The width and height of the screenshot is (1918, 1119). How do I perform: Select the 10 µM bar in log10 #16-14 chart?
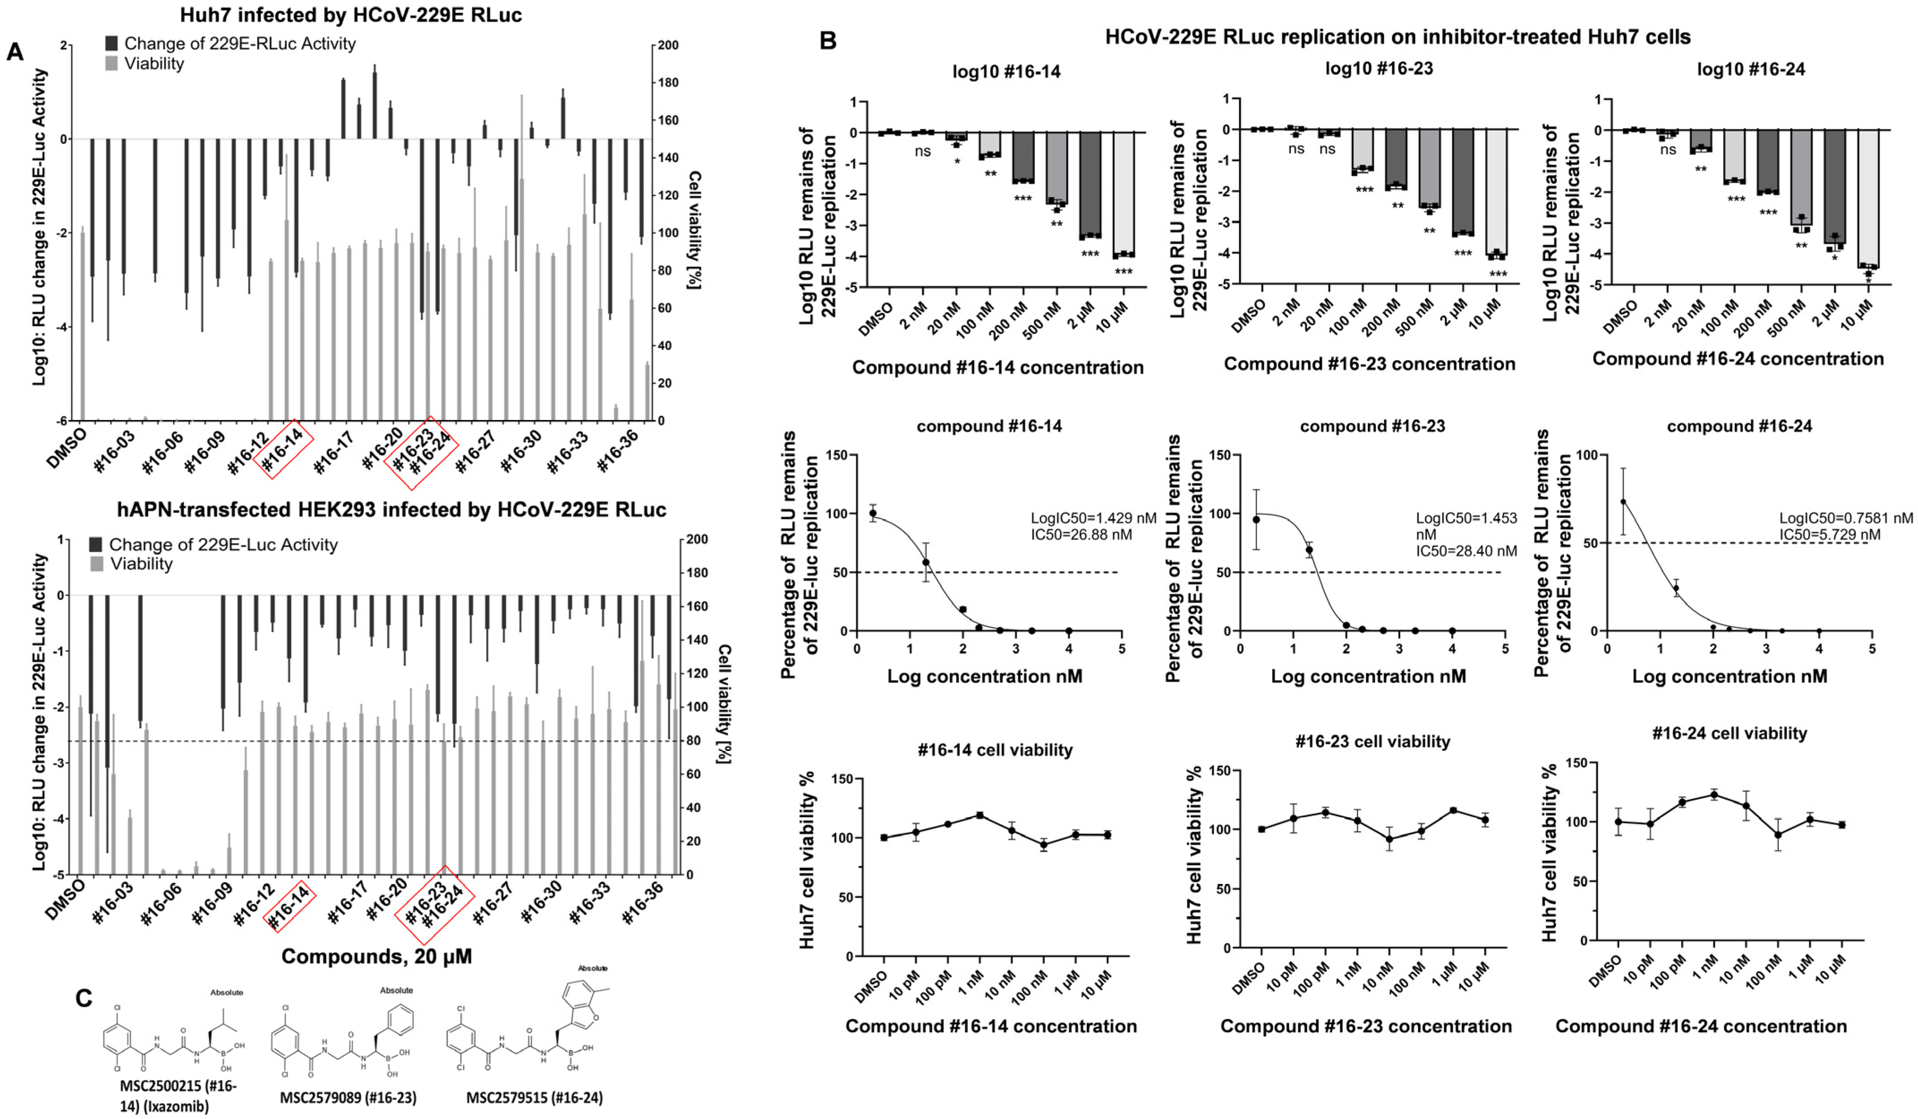[1123, 194]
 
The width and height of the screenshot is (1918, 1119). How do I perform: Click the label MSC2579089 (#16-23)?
[348, 1098]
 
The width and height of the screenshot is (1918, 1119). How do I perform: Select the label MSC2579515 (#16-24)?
[534, 1098]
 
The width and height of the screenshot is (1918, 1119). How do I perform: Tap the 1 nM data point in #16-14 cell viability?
[979, 815]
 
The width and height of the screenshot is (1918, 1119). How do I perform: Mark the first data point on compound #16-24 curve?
[1623, 502]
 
